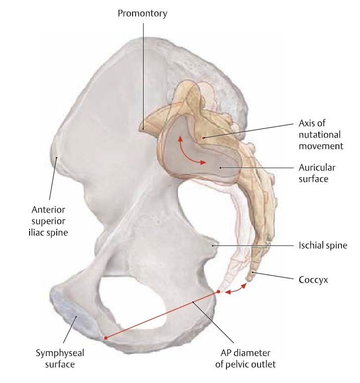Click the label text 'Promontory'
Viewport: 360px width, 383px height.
tap(142, 14)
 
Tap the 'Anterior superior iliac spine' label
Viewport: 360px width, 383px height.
tap(48, 221)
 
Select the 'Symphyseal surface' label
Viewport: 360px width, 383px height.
tap(60, 358)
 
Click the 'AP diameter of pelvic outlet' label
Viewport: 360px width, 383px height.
tap(246, 358)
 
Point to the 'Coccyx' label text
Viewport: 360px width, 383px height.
tap(313, 280)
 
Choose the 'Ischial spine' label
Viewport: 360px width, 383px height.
tap(323, 245)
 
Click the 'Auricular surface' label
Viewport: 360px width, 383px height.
tap(317, 173)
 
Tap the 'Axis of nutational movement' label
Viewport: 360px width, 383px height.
tap(321, 135)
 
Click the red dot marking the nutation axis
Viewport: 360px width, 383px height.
tap(203, 138)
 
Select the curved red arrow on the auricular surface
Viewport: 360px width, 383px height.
tap(186, 155)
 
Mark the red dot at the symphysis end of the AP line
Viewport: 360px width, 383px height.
tap(105, 338)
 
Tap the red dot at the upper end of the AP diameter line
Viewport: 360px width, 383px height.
tap(218, 292)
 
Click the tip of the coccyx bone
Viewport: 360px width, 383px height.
tap(249, 280)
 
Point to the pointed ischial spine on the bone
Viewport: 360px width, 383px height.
tap(213, 245)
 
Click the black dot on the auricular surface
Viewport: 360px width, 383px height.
tap(220, 168)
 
